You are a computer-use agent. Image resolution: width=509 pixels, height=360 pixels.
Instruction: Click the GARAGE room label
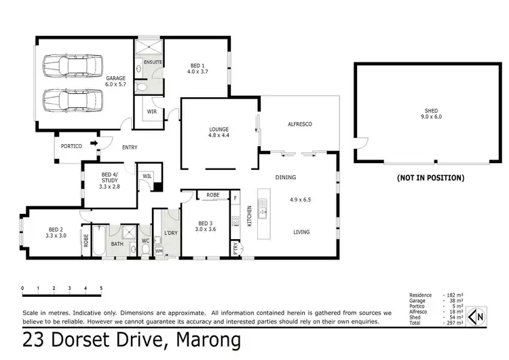(x=115, y=81)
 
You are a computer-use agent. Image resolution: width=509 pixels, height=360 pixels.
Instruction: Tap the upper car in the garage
(x=73, y=66)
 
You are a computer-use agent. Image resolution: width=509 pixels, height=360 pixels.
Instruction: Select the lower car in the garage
(x=73, y=100)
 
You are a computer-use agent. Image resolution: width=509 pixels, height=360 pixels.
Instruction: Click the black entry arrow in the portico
(x=94, y=143)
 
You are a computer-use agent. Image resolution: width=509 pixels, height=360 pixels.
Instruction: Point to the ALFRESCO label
(x=299, y=124)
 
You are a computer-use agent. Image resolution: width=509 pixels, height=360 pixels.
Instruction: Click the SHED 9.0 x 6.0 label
(x=431, y=113)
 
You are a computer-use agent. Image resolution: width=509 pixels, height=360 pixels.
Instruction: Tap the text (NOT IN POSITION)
(x=430, y=178)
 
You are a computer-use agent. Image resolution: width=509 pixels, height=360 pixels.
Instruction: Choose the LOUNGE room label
(x=219, y=132)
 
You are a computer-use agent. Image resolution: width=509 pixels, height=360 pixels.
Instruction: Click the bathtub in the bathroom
(x=99, y=240)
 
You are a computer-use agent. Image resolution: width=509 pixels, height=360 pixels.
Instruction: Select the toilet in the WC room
(x=145, y=249)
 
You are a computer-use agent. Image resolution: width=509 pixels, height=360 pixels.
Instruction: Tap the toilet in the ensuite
(x=142, y=87)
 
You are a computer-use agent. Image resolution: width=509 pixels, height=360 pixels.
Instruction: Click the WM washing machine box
(x=159, y=251)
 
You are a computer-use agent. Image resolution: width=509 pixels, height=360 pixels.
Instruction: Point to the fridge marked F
(x=235, y=198)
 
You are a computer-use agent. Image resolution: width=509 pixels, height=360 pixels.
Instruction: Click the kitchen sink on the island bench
(x=262, y=209)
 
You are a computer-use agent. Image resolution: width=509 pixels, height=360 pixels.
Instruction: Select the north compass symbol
(x=476, y=316)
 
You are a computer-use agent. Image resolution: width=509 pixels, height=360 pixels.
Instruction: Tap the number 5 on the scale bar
(x=101, y=288)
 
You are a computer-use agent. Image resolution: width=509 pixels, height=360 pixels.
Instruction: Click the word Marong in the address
(x=208, y=340)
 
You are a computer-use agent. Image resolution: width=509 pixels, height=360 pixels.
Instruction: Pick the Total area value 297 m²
(x=455, y=323)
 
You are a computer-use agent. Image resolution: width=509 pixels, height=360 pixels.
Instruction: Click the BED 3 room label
(x=206, y=226)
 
